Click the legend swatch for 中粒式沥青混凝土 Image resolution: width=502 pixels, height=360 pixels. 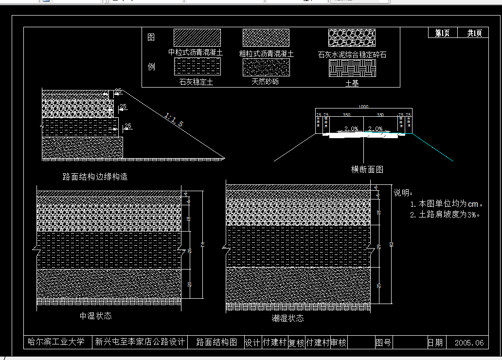tap(197, 38)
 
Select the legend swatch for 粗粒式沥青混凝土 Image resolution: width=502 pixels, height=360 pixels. tap(266, 38)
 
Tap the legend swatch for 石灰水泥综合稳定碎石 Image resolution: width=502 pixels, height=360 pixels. tap(352, 38)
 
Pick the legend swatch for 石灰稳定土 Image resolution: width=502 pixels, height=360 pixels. tap(197, 67)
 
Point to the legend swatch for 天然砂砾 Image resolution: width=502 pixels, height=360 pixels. tap(266, 67)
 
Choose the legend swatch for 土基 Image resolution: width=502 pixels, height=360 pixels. tap(352, 68)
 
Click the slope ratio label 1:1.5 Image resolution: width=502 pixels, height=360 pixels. tap(174, 120)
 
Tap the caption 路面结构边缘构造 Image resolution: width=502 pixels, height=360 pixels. tap(95, 177)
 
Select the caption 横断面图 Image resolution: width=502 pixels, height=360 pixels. tap(367, 169)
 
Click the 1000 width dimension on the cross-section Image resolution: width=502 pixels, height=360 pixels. tap(363, 107)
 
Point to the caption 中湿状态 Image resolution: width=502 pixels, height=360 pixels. tap(96, 316)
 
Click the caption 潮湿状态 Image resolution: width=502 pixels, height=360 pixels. tap(288, 318)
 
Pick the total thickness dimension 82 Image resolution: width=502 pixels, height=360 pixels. tap(391, 244)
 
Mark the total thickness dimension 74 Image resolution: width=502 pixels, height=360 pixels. tap(203, 245)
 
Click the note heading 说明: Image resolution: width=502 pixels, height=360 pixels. tap(403, 193)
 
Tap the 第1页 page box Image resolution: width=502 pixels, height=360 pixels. tap(442, 33)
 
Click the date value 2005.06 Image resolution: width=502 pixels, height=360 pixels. tap(469, 342)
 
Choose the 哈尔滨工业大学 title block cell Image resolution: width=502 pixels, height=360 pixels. tap(56, 342)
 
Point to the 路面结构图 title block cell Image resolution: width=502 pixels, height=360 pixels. tap(217, 342)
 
